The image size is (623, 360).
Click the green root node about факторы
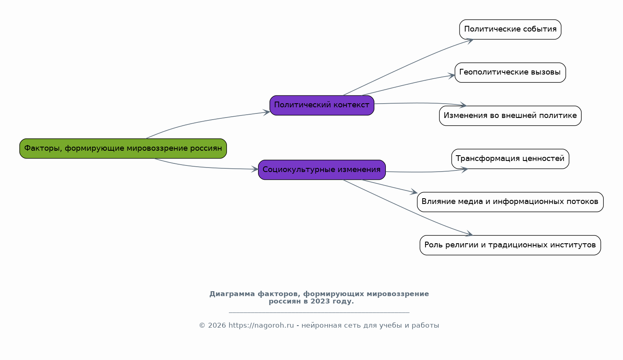[x=123, y=148]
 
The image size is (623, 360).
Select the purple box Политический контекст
[x=322, y=105]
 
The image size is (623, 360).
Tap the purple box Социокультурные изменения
[x=322, y=170]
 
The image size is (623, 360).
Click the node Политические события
[x=510, y=29]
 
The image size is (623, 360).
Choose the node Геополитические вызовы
[x=510, y=72]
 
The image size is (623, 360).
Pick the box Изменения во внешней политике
[x=510, y=115]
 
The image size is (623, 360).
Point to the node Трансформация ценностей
[x=510, y=159]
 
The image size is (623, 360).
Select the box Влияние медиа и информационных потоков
[x=510, y=202]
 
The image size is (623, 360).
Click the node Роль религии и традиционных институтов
[x=510, y=245]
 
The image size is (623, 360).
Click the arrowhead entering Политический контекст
[x=266, y=112]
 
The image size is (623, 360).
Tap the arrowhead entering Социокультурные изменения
[x=255, y=169]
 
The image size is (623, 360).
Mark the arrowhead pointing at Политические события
[x=470, y=41]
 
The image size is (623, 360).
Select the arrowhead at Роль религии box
[x=469, y=233]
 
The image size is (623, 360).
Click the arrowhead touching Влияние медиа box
[x=414, y=192]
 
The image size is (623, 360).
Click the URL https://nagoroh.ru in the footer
[x=261, y=325]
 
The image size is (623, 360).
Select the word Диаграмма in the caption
[x=232, y=294]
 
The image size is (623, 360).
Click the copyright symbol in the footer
[x=202, y=325]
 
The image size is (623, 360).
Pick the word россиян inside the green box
[x=206, y=148]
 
